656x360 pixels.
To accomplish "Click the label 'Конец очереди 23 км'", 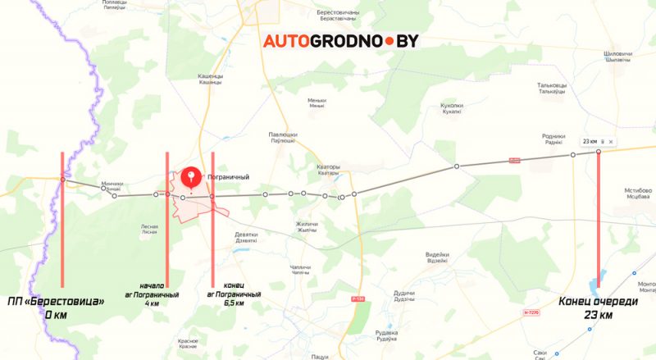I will click(x=598, y=308).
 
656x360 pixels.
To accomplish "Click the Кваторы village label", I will click(x=328, y=170).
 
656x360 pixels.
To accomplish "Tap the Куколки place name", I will click(x=452, y=108).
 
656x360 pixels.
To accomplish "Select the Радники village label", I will click(x=554, y=139).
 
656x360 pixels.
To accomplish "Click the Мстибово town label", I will click(x=638, y=193).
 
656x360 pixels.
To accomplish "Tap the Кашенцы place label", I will click(x=211, y=79).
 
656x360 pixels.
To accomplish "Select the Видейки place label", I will click(x=437, y=257).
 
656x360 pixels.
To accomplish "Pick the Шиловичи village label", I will click(x=617, y=56).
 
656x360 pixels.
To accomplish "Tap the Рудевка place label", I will click(x=386, y=335).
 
